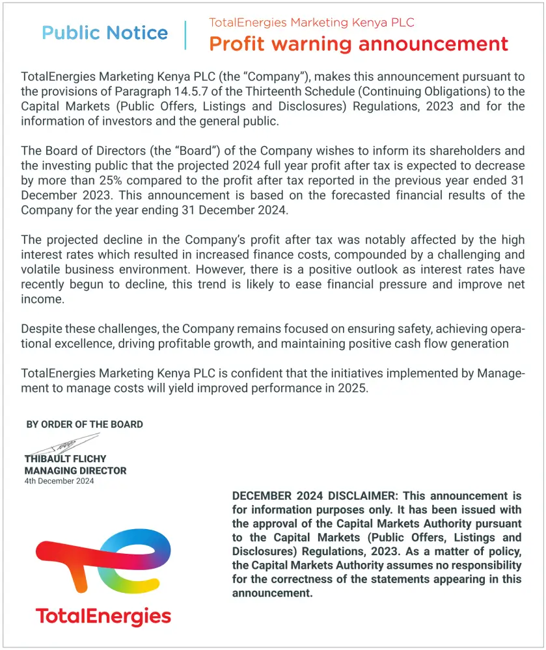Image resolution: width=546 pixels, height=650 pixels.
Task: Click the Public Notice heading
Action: pyautogui.click(x=105, y=33)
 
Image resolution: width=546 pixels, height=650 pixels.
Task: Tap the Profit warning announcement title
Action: pyautogui.click(x=358, y=44)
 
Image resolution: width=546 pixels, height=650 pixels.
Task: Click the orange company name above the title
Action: pyautogui.click(x=311, y=23)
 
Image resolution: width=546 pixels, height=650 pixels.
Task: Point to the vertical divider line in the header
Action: pyautogui.click(x=185, y=35)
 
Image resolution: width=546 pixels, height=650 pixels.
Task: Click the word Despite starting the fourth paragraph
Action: pyautogui.click(x=41, y=329)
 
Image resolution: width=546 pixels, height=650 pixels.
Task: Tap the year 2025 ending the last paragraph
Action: pyautogui.click(x=354, y=388)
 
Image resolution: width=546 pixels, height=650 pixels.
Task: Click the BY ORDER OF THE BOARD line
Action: pyautogui.click(x=85, y=424)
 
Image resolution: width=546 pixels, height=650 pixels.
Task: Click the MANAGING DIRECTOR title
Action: pyautogui.click(x=75, y=471)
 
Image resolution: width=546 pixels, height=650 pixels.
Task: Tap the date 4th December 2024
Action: pyautogui.click(x=59, y=481)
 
